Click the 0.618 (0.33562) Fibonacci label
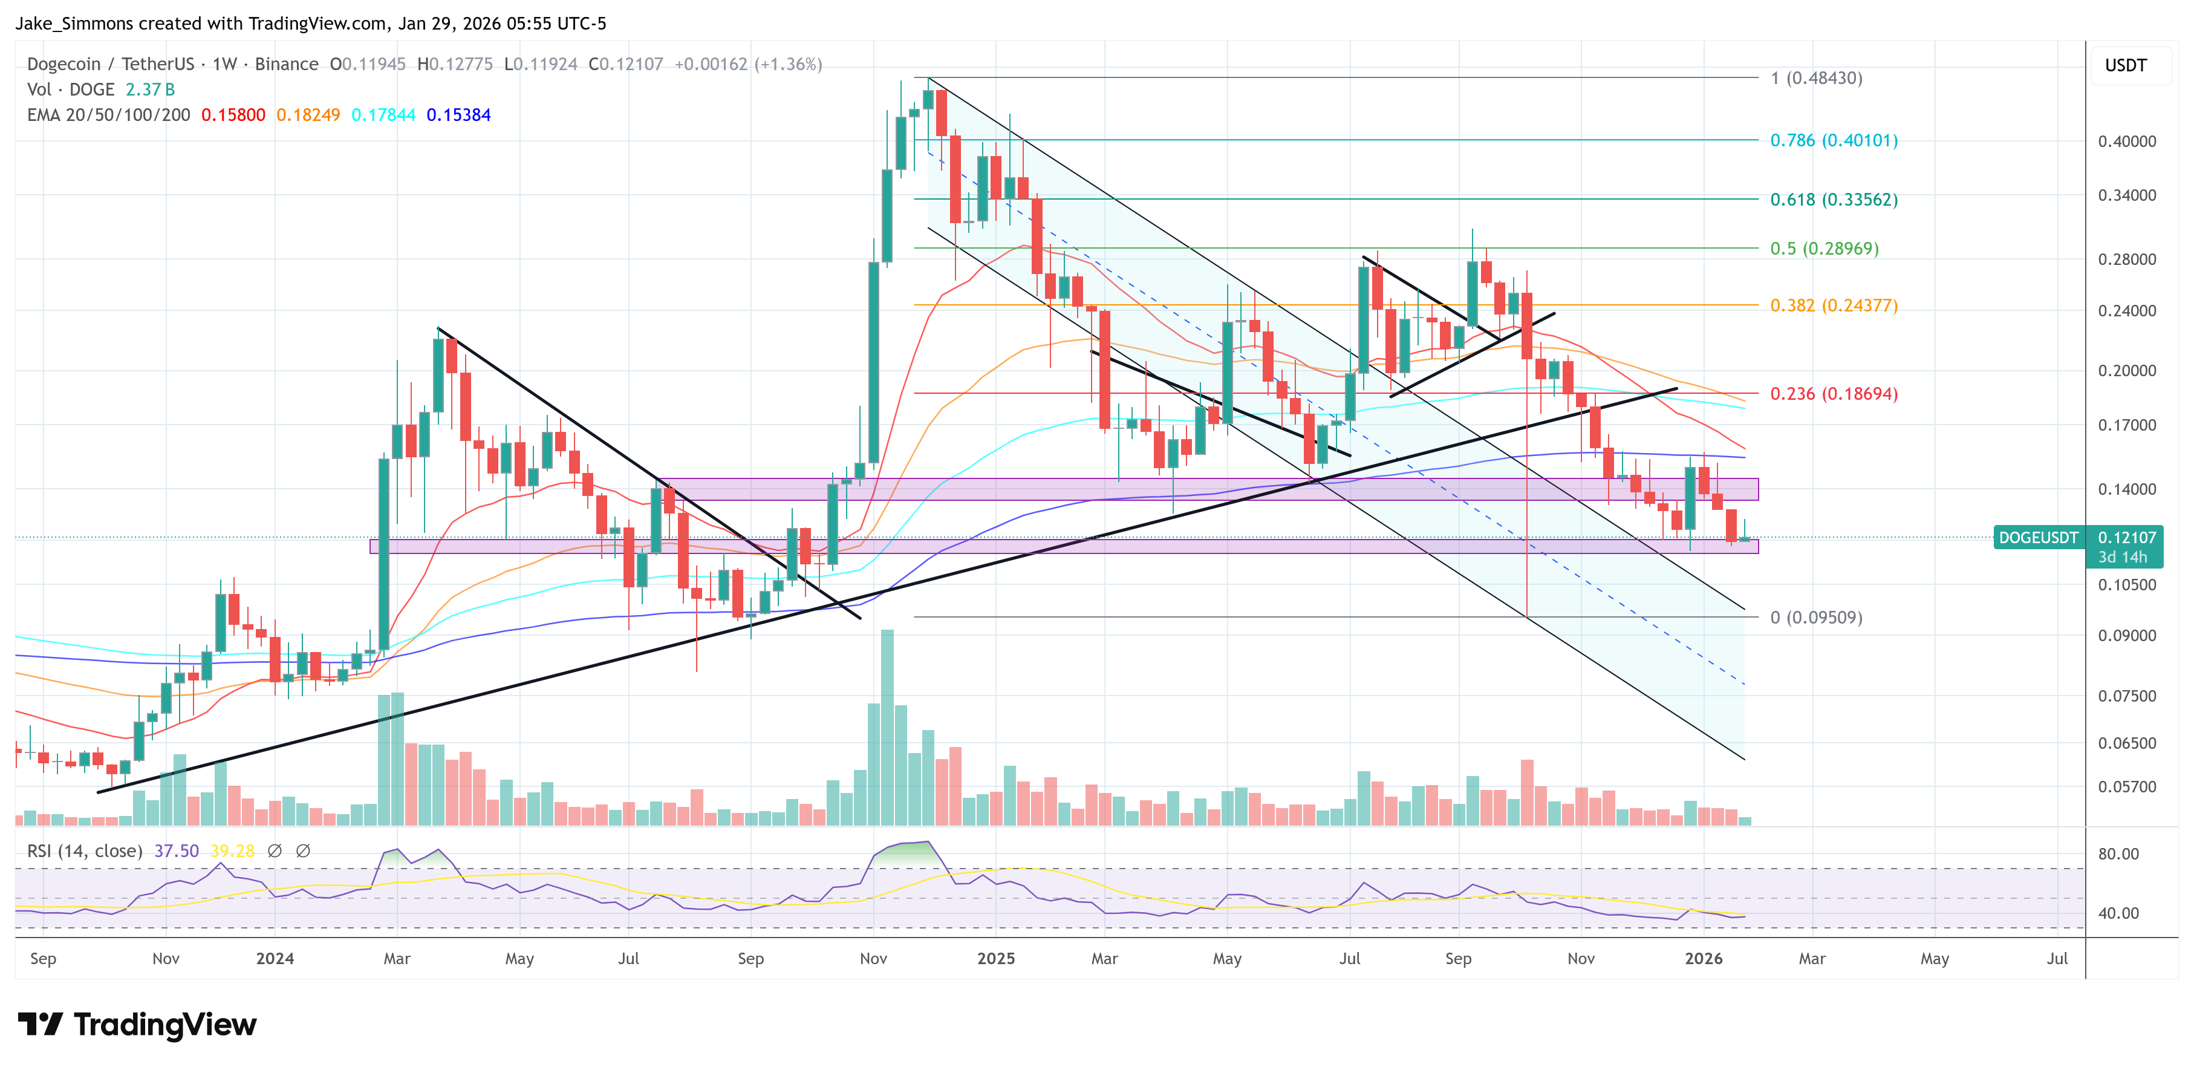click(x=1833, y=200)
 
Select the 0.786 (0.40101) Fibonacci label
click(x=1833, y=140)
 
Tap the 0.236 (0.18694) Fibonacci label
click(x=1833, y=394)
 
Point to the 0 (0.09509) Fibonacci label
click(x=1816, y=617)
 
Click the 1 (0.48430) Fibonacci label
click(x=1816, y=79)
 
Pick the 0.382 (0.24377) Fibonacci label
click(x=1833, y=305)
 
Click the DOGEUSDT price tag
click(x=2038, y=538)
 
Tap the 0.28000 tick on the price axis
click(x=2127, y=259)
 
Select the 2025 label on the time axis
click(x=995, y=958)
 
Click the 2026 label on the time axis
click(x=1704, y=958)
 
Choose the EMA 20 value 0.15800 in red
click(x=232, y=115)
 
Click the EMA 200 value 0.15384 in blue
click(x=458, y=115)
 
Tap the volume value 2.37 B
click(x=150, y=90)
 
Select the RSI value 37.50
click(x=177, y=851)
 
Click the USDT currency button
click(x=2125, y=65)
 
